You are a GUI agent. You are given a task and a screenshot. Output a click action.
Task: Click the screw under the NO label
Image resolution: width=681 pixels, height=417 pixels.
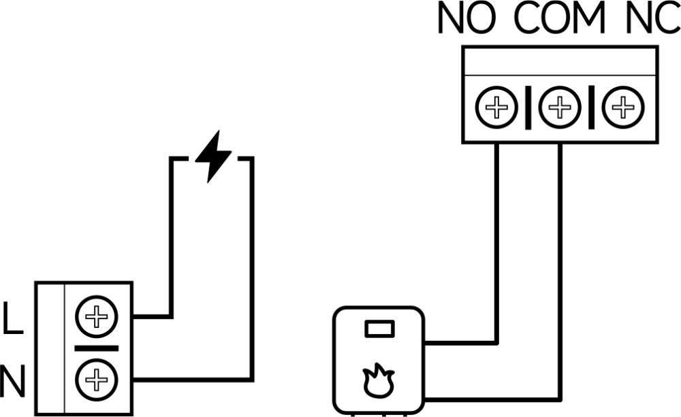[x=497, y=107]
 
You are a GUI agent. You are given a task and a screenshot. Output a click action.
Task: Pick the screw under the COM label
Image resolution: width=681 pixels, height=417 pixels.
[x=560, y=107]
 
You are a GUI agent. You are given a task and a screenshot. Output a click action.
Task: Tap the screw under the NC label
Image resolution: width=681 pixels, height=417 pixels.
[x=622, y=107]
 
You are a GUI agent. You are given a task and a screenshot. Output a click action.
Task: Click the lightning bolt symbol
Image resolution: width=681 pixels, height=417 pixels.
[x=212, y=156]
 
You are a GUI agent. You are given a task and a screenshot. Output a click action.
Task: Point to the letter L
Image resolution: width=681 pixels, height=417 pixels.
[x=12, y=319]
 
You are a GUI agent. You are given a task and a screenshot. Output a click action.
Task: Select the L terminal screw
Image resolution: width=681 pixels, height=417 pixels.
[x=97, y=316]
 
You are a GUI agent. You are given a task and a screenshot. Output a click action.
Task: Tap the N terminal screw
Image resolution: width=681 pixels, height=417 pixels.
[x=97, y=379]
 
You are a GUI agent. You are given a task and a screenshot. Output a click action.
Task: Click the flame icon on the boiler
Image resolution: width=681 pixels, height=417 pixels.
[x=379, y=381]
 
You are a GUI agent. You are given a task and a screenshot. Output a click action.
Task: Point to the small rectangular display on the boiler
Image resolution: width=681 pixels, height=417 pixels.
[x=379, y=329]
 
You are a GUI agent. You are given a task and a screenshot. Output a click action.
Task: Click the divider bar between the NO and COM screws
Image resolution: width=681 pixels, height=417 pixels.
[x=528, y=107]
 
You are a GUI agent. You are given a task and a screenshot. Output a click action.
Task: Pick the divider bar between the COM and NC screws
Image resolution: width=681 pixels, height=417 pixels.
[x=591, y=107]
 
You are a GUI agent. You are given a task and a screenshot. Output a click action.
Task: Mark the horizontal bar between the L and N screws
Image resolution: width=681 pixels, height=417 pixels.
[x=97, y=348]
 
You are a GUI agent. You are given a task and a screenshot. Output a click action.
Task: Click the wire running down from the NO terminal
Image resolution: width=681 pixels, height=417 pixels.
[x=497, y=238]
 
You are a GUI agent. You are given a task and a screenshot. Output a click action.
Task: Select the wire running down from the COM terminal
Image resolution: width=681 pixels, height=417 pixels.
[x=560, y=272]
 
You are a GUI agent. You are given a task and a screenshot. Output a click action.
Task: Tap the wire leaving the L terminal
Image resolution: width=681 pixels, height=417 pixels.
[x=171, y=238]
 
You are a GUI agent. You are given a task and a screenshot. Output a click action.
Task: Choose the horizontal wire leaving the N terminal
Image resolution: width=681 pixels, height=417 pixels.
[x=191, y=379]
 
